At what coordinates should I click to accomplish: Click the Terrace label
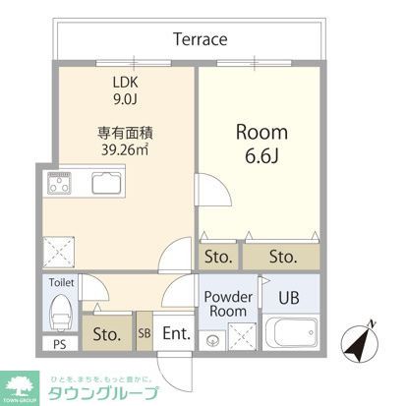pos(200,40)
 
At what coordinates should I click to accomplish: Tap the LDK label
pos(124,82)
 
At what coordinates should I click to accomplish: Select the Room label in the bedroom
pos(260,132)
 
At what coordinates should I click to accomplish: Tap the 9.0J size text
pos(124,98)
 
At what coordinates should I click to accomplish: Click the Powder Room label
pos(227,303)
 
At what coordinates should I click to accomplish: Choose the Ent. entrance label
pos(177,333)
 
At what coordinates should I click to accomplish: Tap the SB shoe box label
pos(145,333)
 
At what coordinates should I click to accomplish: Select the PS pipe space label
pos(60,345)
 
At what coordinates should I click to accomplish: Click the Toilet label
pos(62,283)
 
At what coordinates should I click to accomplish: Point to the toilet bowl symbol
pos(61,315)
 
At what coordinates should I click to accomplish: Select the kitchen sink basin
pos(108,183)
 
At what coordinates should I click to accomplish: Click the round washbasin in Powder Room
pos(211,341)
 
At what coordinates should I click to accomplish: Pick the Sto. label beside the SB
pos(106,333)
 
